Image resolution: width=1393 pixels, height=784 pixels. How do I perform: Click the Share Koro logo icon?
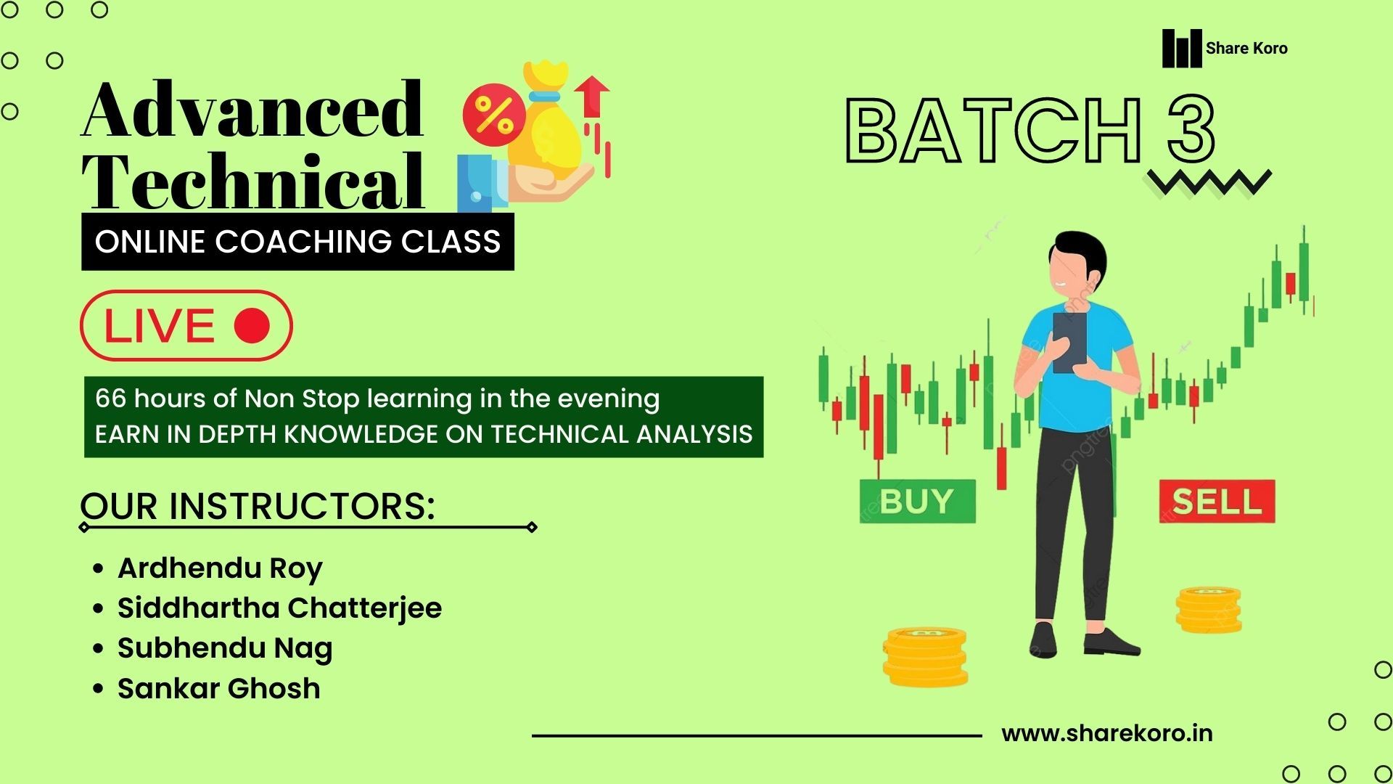point(1181,48)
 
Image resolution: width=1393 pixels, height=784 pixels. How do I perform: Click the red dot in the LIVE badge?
point(252,325)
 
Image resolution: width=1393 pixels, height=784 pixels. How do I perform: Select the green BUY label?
point(917,501)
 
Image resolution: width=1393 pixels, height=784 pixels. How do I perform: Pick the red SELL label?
point(1217,501)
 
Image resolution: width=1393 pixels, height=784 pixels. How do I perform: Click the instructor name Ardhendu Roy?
point(220,568)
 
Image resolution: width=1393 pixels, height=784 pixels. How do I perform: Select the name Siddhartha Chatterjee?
point(279,608)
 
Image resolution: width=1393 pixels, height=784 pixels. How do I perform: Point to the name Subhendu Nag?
point(225,648)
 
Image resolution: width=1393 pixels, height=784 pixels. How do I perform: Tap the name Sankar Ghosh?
point(218,688)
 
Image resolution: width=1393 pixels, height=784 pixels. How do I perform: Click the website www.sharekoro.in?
point(1106,734)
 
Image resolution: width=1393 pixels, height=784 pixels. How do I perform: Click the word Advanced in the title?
point(252,110)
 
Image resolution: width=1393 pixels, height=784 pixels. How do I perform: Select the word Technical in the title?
point(252,181)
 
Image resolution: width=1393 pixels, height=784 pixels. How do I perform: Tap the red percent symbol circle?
point(494,114)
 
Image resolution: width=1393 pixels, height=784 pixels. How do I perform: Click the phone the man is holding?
point(1069,343)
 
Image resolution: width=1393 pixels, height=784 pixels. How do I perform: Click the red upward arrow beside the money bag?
point(591,97)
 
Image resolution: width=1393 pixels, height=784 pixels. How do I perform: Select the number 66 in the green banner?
point(110,399)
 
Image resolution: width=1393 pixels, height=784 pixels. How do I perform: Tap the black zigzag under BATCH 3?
point(1209,182)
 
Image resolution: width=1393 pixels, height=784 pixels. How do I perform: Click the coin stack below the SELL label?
point(1209,610)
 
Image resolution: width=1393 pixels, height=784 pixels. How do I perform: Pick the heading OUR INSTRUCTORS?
point(258,506)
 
